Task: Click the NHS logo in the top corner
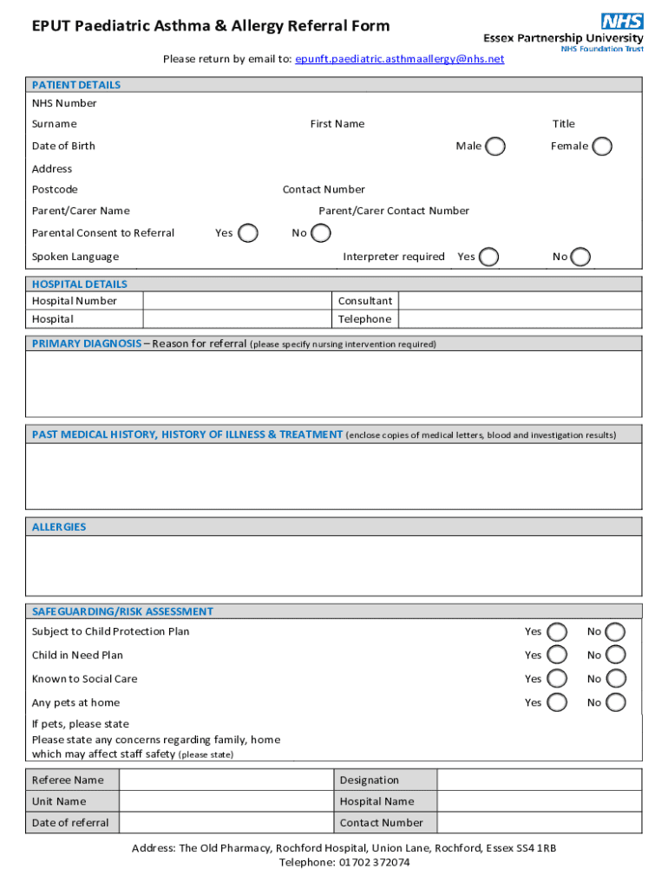pos(622,22)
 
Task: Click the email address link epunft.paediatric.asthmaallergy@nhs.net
pos(399,59)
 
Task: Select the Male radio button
pos(495,147)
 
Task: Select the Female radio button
pos(602,147)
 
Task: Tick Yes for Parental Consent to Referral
pos(247,233)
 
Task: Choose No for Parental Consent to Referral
pos(321,233)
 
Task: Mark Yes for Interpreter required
pos(489,257)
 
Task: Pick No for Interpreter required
pos(581,257)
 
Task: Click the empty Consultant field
pos(520,301)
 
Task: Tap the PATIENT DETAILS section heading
pos(76,85)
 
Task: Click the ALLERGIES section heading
pos(59,527)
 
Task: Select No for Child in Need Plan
pos(616,656)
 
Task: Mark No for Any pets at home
pos(616,702)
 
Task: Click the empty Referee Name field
pos(226,780)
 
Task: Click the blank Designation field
pos(539,780)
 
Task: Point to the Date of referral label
pos(70,823)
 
